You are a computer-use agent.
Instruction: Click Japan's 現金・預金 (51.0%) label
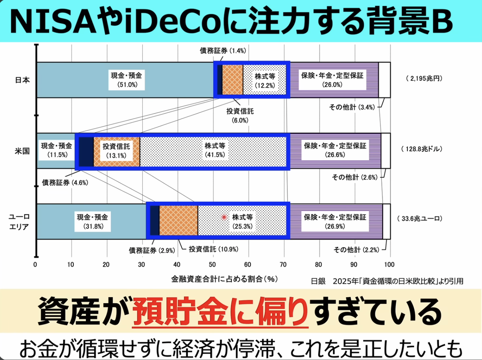[x=127, y=80]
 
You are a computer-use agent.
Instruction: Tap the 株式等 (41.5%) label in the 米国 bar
[x=215, y=150]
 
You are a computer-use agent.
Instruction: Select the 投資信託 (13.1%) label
[x=116, y=150]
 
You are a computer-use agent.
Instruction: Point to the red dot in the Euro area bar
[x=224, y=217]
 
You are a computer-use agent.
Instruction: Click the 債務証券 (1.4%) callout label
[x=223, y=50]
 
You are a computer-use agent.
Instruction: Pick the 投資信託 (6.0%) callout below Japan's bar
[x=240, y=115]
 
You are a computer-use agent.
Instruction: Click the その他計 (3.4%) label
[x=352, y=107]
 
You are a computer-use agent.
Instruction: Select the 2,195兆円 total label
[x=424, y=78]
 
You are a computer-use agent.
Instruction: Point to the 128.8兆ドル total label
[x=422, y=149]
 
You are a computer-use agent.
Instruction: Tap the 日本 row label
[x=22, y=80]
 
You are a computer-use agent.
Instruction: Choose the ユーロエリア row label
[x=19, y=222]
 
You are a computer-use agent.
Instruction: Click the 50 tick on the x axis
[x=212, y=264]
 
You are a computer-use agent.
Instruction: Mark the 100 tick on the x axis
[x=389, y=264]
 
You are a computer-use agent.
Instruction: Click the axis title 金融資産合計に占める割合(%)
[x=224, y=279]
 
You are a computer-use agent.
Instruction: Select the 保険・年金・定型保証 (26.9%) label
[x=335, y=222]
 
